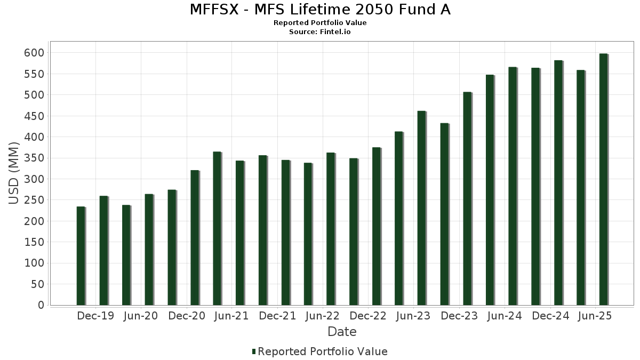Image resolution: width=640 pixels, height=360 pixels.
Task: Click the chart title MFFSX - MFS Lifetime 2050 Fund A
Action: (x=320, y=10)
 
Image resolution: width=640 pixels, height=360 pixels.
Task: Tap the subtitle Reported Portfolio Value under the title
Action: (x=320, y=23)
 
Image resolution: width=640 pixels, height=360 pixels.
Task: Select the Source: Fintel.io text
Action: (x=320, y=32)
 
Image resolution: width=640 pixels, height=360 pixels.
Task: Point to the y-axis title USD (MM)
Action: (x=14, y=173)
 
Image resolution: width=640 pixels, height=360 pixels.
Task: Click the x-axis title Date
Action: (x=342, y=332)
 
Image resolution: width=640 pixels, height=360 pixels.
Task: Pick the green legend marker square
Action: (x=254, y=351)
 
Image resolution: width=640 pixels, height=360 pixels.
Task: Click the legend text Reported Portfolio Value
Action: (x=322, y=351)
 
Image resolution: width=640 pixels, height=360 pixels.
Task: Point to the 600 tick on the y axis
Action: (x=34, y=53)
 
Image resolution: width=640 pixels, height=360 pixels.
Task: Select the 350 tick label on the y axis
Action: (x=34, y=158)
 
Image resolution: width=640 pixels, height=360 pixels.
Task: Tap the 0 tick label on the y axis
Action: (x=41, y=306)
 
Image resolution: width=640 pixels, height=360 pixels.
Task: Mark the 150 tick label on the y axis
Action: (x=34, y=243)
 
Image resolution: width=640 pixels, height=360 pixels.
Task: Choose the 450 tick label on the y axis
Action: (x=34, y=116)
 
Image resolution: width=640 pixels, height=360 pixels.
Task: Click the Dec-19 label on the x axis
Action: (x=95, y=316)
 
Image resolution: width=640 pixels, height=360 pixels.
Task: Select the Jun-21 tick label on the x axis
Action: (x=231, y=316)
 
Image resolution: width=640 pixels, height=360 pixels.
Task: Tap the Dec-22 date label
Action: (x=368, y=316)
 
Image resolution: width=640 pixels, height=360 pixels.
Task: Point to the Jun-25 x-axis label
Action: (x=595, y=316)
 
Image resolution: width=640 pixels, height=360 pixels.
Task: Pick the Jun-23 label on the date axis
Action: (x=413, y=316)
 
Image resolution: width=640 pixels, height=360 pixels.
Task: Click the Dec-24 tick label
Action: (x=550, y=316)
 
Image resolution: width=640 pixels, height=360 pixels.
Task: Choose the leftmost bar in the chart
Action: (x=81, y=256)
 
